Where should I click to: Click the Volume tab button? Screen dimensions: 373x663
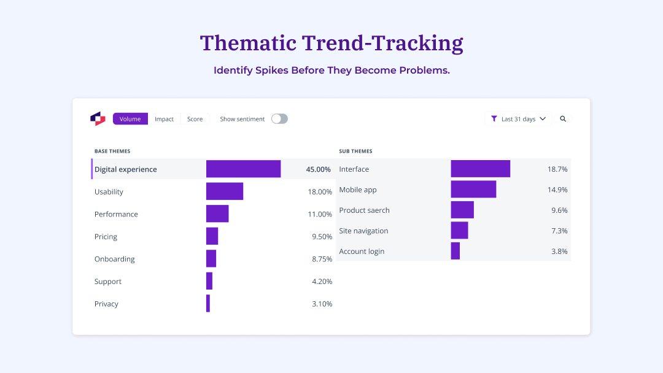[130, 119]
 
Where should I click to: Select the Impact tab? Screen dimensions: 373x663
[164, 119]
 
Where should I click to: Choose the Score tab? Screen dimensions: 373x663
[195, 119]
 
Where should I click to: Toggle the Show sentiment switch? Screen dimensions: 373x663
[279, 119]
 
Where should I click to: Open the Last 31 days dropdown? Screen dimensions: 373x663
[518, 119]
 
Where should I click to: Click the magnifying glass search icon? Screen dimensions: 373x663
[563, 119]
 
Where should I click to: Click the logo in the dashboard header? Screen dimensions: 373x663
[98, 119]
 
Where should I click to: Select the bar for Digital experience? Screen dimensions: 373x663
[243, 169]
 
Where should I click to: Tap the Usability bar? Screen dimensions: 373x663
[225, 191]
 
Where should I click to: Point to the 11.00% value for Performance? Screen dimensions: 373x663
[320, 214]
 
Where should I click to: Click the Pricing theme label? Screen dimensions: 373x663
[106, 237]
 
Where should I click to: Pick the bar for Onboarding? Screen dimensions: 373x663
[211, 259]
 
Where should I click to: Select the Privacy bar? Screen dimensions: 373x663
[208, 304]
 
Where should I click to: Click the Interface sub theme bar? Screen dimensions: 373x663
[480, 169]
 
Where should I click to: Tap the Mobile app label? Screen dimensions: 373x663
[358, 190]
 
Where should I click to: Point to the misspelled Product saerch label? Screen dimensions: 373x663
[364, 210]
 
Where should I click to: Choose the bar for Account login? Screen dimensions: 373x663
[456, 251]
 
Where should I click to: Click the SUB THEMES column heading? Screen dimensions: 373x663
[355, 151]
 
